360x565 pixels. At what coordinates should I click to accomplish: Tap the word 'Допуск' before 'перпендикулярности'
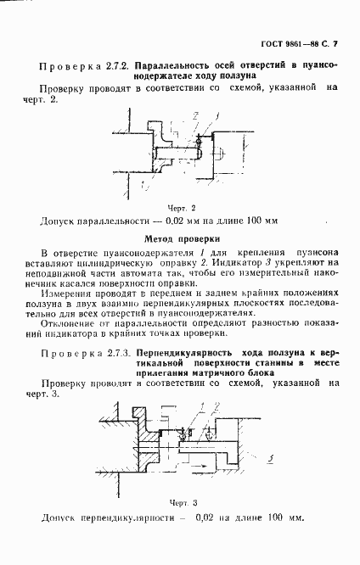pos(59,517)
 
